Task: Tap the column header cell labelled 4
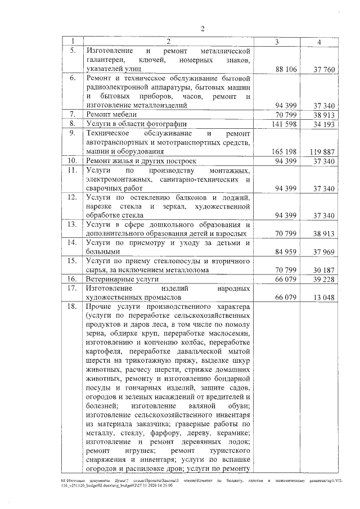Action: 319,42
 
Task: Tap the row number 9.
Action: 71,133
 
